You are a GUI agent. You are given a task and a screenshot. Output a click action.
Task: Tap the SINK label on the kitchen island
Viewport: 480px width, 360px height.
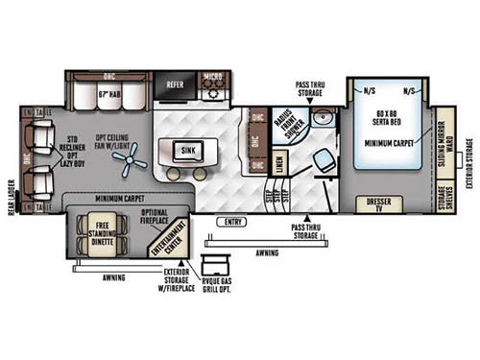point(187,151)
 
